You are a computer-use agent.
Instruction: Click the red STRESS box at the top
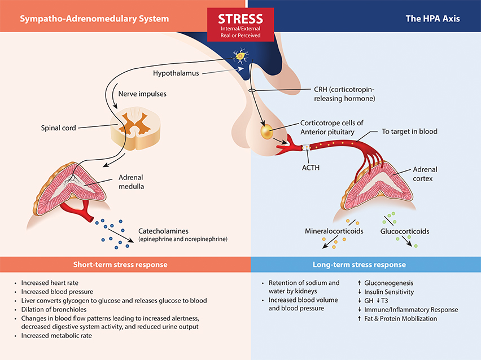coord(240,24)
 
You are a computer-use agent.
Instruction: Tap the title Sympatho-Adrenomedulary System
coord(94,19)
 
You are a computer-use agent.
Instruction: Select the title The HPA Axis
coord(432,19)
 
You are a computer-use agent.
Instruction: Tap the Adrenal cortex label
coord(425,174)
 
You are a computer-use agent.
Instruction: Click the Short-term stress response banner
coord(120,264)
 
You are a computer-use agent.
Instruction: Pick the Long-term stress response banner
coord(359,264)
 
